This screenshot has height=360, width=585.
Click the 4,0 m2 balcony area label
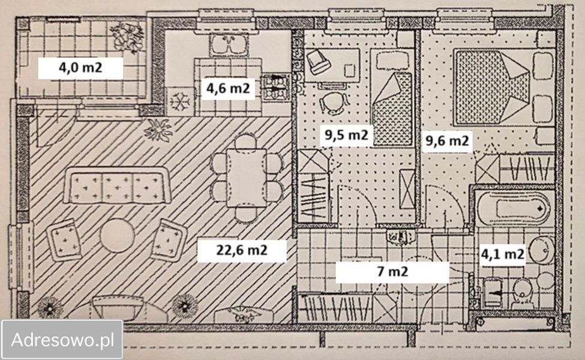80,68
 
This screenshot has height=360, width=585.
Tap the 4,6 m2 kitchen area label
228,89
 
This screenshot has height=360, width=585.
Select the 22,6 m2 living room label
242,250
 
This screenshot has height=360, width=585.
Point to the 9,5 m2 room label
346,134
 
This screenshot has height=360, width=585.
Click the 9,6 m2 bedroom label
447,141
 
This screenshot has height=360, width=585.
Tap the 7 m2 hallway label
392,272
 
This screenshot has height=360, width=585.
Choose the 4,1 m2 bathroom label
502,254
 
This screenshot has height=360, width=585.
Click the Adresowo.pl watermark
62,340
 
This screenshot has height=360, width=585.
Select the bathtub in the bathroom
514,209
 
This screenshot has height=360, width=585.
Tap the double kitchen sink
229,45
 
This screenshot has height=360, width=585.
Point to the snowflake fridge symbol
180,101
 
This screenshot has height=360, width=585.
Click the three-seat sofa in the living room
117,185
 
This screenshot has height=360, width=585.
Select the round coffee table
117,236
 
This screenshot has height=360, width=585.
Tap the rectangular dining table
247,178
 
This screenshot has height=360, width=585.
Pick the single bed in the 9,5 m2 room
392,97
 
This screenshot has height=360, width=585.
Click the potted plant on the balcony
127,37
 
